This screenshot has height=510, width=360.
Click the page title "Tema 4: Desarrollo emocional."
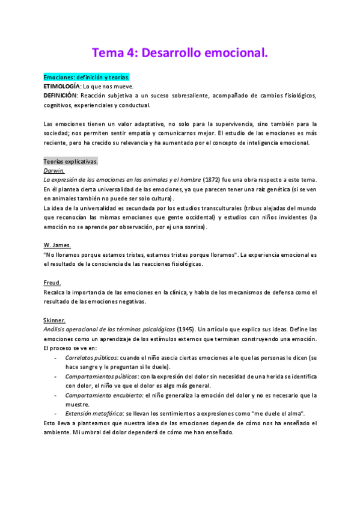point(180,53)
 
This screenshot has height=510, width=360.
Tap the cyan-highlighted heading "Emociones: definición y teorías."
point(87,78)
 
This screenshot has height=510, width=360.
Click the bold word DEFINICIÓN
point(60,96)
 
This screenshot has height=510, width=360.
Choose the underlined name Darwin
point(54,171)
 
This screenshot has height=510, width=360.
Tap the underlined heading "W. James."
point(57,245)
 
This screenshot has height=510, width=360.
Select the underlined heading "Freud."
point(52,283)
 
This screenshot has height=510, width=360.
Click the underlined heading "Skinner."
point(55,321)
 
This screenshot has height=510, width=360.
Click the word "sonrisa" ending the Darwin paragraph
point(192,227)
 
